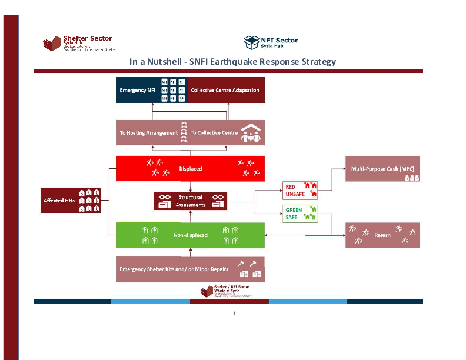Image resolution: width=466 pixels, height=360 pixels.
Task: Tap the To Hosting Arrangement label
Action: [148, 133]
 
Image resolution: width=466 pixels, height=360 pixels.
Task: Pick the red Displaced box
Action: [190, 168]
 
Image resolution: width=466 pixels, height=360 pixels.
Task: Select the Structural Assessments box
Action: [191, 201]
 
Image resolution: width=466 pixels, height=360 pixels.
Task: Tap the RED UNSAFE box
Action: [299, 190]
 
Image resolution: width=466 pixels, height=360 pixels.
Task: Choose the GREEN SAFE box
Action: [299, 213]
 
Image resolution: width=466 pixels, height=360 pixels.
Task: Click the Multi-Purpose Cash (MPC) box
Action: [382, 169]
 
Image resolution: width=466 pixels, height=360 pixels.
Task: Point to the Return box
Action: [382, 235]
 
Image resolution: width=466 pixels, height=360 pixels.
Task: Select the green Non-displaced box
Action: [190, 235]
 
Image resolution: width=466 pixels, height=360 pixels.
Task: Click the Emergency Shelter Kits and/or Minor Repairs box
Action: [190, 269]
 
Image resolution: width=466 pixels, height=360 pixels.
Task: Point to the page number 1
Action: [234, 314]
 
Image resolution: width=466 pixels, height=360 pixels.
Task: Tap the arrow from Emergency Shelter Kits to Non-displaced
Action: [190, 252]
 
